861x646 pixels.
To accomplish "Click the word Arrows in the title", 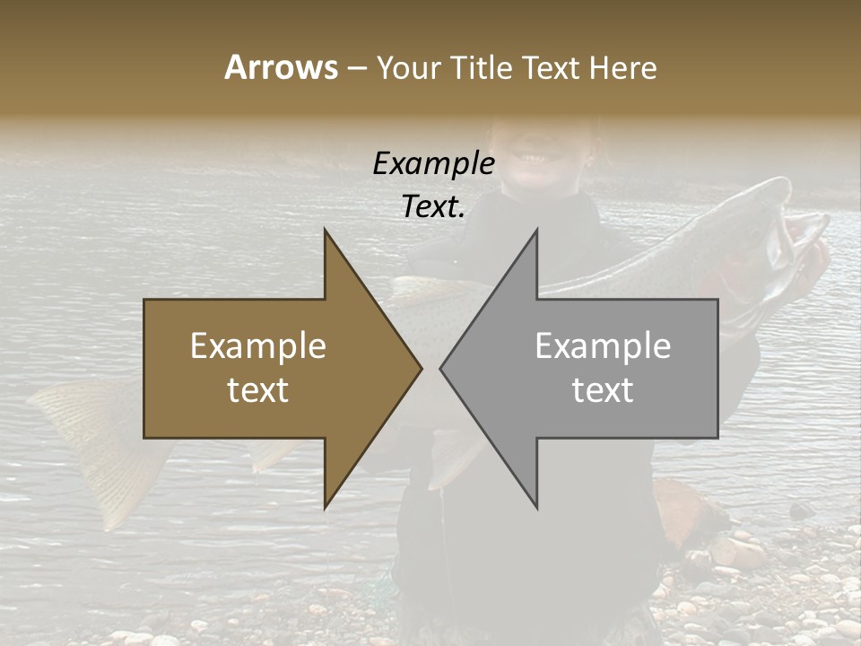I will click(x=281, y=67).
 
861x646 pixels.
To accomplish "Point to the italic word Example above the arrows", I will click(x=433, y=163).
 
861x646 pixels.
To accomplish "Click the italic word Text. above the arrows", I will click(x=433, y=206).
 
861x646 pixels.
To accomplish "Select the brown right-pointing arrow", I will click(x=269, y=368).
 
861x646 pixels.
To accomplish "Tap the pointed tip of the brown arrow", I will click(x=419, y=368).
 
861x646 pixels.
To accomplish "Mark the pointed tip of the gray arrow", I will click(x=443, y=368).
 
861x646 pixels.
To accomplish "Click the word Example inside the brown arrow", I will click(x=257, y=346).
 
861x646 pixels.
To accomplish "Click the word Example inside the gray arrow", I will click(x=603, y=346).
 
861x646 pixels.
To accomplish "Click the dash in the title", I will click(x=356, y=67).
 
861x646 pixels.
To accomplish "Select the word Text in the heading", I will click(x=552, y=67).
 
